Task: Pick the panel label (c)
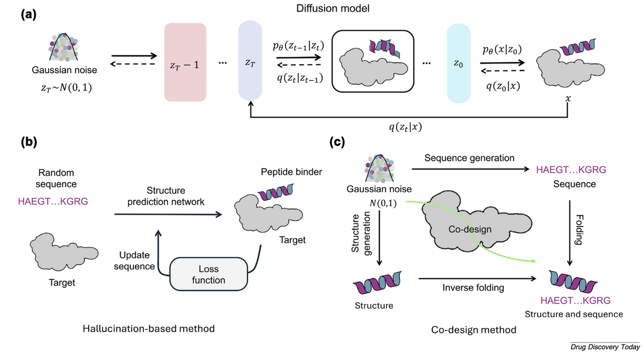338,142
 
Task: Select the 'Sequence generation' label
469,158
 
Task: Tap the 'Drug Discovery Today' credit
605,347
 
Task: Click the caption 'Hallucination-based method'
149,328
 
